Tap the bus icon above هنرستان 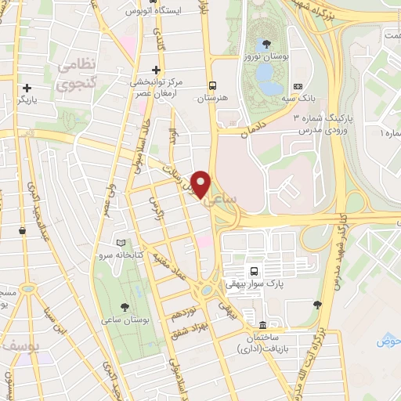point(212,85)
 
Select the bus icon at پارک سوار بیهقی point(253,271)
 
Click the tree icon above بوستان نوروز point(268,44)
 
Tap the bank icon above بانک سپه point(297,86)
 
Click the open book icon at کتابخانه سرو point(120,244)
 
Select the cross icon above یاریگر point(27,88)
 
